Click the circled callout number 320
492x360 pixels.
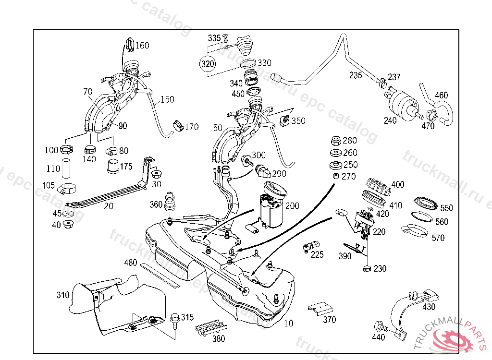point(207,63)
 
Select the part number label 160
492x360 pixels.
point(142,46)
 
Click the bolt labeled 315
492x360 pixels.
point(174,319)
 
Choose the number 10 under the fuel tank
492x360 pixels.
point(288,324)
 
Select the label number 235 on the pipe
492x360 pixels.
point(356,75)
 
